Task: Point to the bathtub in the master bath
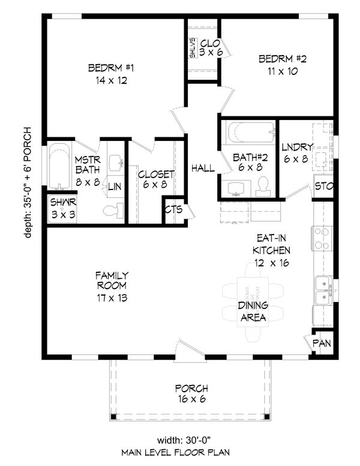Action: [59, 166]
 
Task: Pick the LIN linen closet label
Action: [115, 187]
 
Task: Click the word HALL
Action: [203, 169]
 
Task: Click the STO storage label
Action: [323, 187]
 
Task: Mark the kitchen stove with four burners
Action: [322, 238]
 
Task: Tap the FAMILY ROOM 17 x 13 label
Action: [112, 286]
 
